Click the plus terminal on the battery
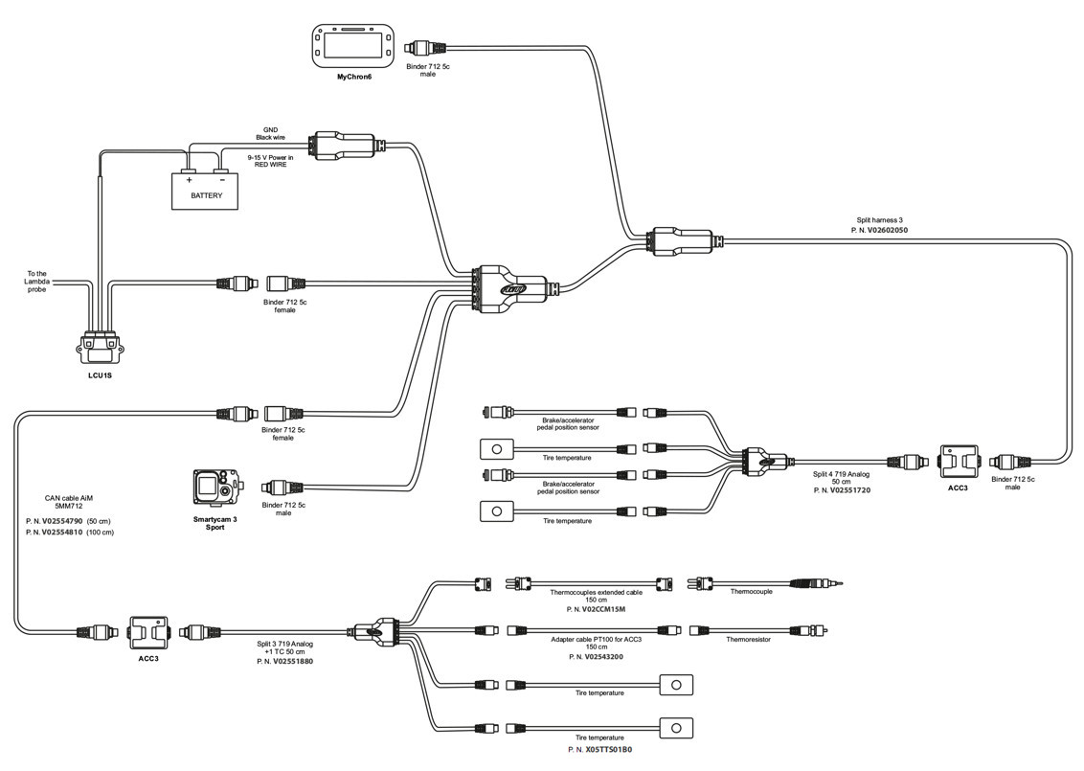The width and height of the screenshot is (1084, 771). click(x=189, y=179)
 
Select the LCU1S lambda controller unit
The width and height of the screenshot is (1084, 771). click(x=102, y=346)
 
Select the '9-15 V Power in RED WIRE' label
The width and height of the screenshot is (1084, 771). click(x=269, y=160)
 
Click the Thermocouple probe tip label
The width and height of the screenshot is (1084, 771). click(x=752, y=592)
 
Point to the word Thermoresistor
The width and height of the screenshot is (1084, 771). click(x=748, y=639)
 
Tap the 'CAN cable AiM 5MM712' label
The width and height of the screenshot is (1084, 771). click(x=70, y=502)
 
